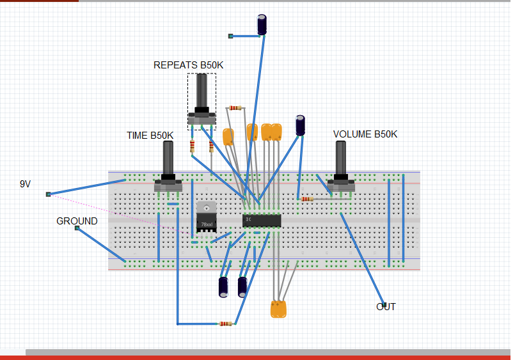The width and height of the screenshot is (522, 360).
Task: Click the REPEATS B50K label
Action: tap(189, 65)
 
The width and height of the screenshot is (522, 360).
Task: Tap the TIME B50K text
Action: tap(150, 136)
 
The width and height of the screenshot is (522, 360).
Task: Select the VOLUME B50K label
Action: tap(365, 134)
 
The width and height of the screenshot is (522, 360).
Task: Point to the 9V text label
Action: tap(25, 184)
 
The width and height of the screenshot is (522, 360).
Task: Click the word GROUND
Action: tap(77, 221)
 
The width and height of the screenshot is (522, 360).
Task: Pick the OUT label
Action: tap(386, 307)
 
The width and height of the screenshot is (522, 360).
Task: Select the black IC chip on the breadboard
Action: tap(262, 221)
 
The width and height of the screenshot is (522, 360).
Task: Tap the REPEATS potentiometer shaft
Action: tap(202, 93)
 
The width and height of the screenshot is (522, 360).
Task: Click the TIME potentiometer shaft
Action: tap(168, 158)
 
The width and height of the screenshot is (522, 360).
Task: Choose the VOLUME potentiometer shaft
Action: tap(341, 158)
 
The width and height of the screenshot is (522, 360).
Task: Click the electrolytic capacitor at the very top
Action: tap(262, 25)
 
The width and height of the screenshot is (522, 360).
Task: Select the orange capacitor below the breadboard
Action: tap(278, 309)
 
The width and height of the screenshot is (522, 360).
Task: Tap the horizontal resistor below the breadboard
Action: tap(225, 324)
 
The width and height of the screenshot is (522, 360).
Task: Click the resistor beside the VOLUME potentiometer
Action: tap(308, 199)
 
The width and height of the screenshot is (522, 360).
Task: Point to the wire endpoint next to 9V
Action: tap(48, 194)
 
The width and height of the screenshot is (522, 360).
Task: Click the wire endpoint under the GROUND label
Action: tap(77, 228)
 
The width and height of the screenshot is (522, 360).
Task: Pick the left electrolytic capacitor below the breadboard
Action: tap(223, 286)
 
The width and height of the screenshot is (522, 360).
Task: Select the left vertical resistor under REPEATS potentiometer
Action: tap(192, 147)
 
